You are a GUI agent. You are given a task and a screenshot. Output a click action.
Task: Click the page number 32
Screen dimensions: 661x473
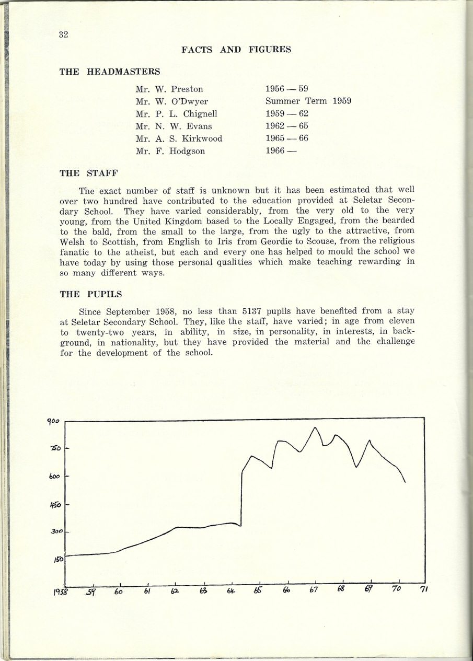tap(64, 35)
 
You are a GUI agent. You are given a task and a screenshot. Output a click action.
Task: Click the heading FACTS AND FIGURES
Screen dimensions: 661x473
tap(236, 50)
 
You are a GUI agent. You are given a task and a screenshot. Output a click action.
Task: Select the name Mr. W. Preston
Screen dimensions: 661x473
tap(169, 89)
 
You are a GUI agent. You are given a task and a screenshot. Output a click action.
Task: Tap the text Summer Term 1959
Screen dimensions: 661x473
tap(308, 101)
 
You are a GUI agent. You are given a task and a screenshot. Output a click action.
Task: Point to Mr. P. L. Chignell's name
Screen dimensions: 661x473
tap(176, 114)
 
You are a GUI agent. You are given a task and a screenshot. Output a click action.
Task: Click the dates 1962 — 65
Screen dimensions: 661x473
tap(287, 126)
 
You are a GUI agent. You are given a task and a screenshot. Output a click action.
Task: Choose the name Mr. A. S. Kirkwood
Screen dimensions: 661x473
tap(178, 138)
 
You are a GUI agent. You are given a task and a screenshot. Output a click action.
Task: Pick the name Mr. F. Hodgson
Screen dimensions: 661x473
tap(170, 151)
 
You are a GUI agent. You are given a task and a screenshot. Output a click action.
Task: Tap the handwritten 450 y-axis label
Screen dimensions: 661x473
tap(56, 505)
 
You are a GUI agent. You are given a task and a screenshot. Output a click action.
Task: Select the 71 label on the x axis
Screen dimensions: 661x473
tap(423, 589)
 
